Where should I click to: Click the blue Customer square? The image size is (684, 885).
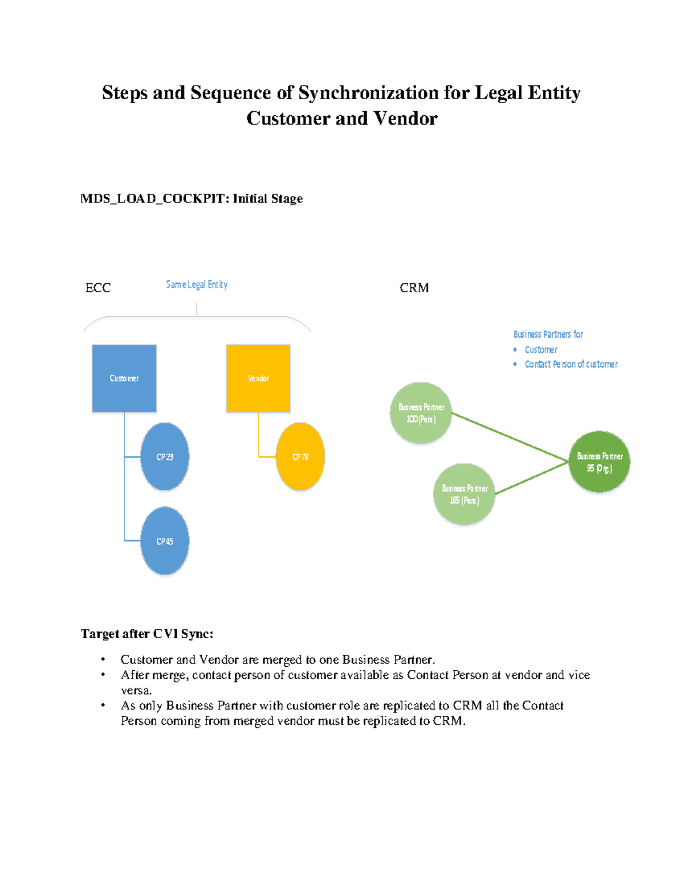click(x=124, y=378)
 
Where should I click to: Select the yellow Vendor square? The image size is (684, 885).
click(x=258, y=378)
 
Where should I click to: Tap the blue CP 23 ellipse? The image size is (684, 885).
click(x=165, y=456)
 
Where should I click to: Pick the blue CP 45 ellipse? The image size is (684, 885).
click(x=165, y=541)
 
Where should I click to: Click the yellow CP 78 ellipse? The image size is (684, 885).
click(x=300, y=456)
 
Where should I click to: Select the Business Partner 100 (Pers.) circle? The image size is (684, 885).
click(x=421, y=413)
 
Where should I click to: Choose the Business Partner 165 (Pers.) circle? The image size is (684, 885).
click(x=464, y=494)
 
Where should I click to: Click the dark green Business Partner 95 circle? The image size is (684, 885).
click(x=600, y=462)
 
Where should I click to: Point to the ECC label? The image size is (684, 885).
click(x=98, y=288)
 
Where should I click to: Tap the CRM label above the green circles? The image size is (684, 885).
click(x=414, y=288)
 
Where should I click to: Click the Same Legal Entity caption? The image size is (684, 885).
click(x=197, y=284)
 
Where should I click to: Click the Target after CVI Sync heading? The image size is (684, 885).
click(x=147, y=634)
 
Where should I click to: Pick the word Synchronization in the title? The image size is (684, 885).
click(x=369, y=92)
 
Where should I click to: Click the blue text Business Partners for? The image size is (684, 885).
click(x=548, y=335)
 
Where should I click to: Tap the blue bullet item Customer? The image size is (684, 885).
click(x=541, y=350)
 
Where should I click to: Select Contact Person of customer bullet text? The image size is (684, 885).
click(x=571, y=364)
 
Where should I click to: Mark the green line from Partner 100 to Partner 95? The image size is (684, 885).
click(x=510, y=437)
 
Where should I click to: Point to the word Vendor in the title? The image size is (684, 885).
click(x=405, y=119)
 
